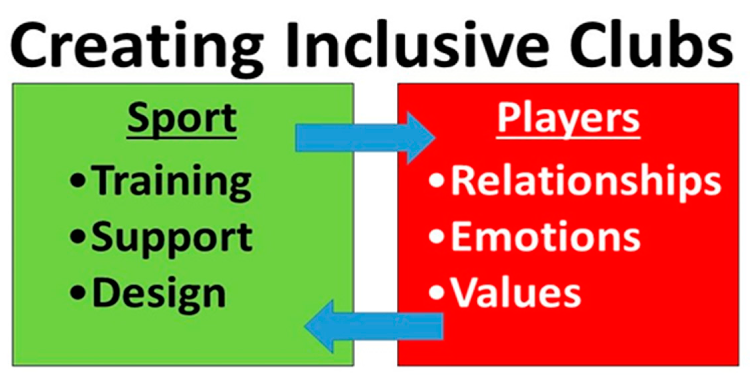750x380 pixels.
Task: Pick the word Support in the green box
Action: (x=172, y=238)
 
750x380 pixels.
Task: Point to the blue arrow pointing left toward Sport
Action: (x=374, y=326)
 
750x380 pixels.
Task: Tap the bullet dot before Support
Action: (x=78, y=238)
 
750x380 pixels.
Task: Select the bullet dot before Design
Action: (x=78, y=294)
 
